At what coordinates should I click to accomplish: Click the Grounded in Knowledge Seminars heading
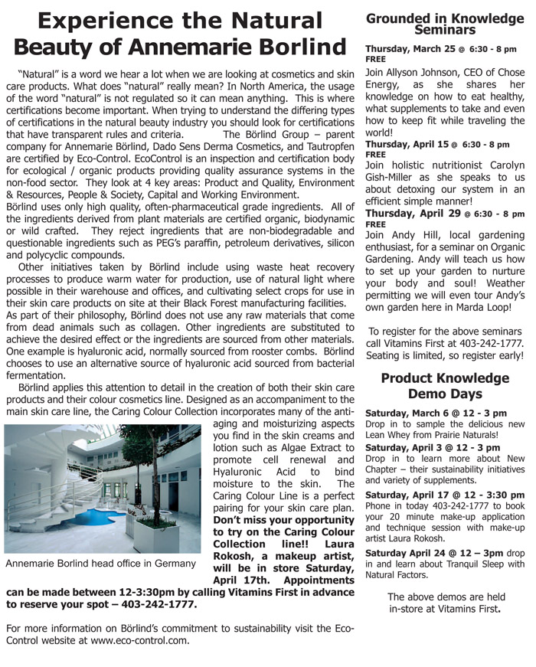[444, 24]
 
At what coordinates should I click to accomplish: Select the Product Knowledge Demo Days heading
[444, 386]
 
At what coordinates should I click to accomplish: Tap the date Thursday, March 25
[409, 49]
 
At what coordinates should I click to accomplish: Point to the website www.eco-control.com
[139, 640]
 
